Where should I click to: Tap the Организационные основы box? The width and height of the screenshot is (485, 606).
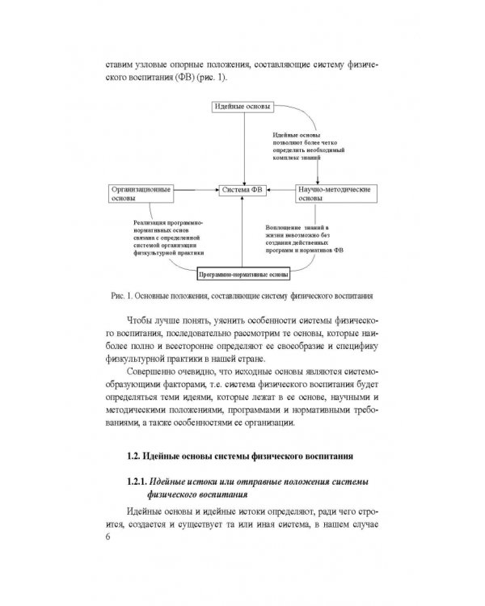click(x=141, y=194)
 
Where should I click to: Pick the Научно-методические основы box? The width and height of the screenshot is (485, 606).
click(x=334, y=194)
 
